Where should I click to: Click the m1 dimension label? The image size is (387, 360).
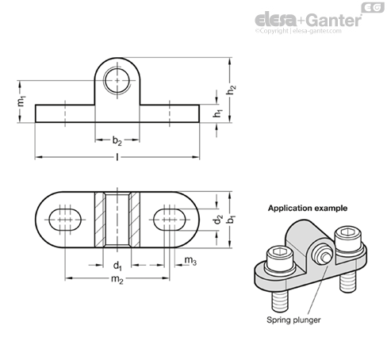pos(21,101)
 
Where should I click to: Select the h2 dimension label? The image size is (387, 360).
pos(231,90)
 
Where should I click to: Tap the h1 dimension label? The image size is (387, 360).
pos(217,113)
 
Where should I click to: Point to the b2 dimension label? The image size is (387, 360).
pos(117,140)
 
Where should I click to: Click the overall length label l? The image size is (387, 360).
pos(117,157)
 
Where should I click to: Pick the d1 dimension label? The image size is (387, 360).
pos(117,266)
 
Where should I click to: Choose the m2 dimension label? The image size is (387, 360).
pos(117,279)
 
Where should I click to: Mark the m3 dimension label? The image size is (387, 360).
pos(190,260)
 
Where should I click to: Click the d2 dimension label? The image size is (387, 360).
pos(218,220)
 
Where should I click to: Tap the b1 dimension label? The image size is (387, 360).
pos(231,220)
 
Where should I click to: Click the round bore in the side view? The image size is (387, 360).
pos(117,81)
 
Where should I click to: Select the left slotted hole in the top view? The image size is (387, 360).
pos(65,220)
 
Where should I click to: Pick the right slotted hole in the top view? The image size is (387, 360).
pos(170,220)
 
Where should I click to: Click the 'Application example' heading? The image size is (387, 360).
pos(308,209)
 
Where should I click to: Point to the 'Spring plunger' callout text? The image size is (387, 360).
pos(293,320)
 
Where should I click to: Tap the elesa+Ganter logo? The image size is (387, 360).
pos(308,21)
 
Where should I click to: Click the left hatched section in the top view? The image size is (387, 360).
pos(100,220)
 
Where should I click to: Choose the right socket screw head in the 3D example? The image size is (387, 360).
pos(349,239)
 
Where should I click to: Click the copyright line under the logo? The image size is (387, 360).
pos(298,31)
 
